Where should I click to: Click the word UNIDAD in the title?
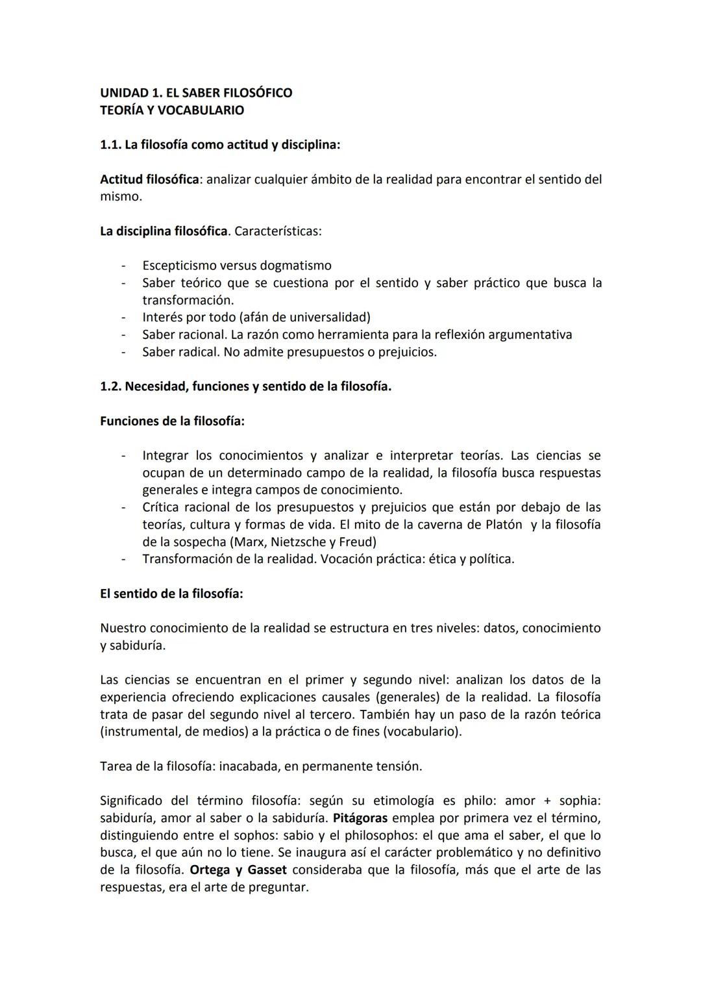pyautogui.click(x=121, y=93)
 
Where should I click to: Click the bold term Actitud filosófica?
pyautogui.click(x=149, y=179)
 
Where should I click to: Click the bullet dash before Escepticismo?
pyautogui.click(x=123, y=266)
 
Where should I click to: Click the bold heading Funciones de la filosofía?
pyautogui.click(x=172, y=421)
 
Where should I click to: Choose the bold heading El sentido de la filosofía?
pyautogui.click(x=171, y=594)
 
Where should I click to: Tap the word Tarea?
pyautogui.click(x=116, y=766)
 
